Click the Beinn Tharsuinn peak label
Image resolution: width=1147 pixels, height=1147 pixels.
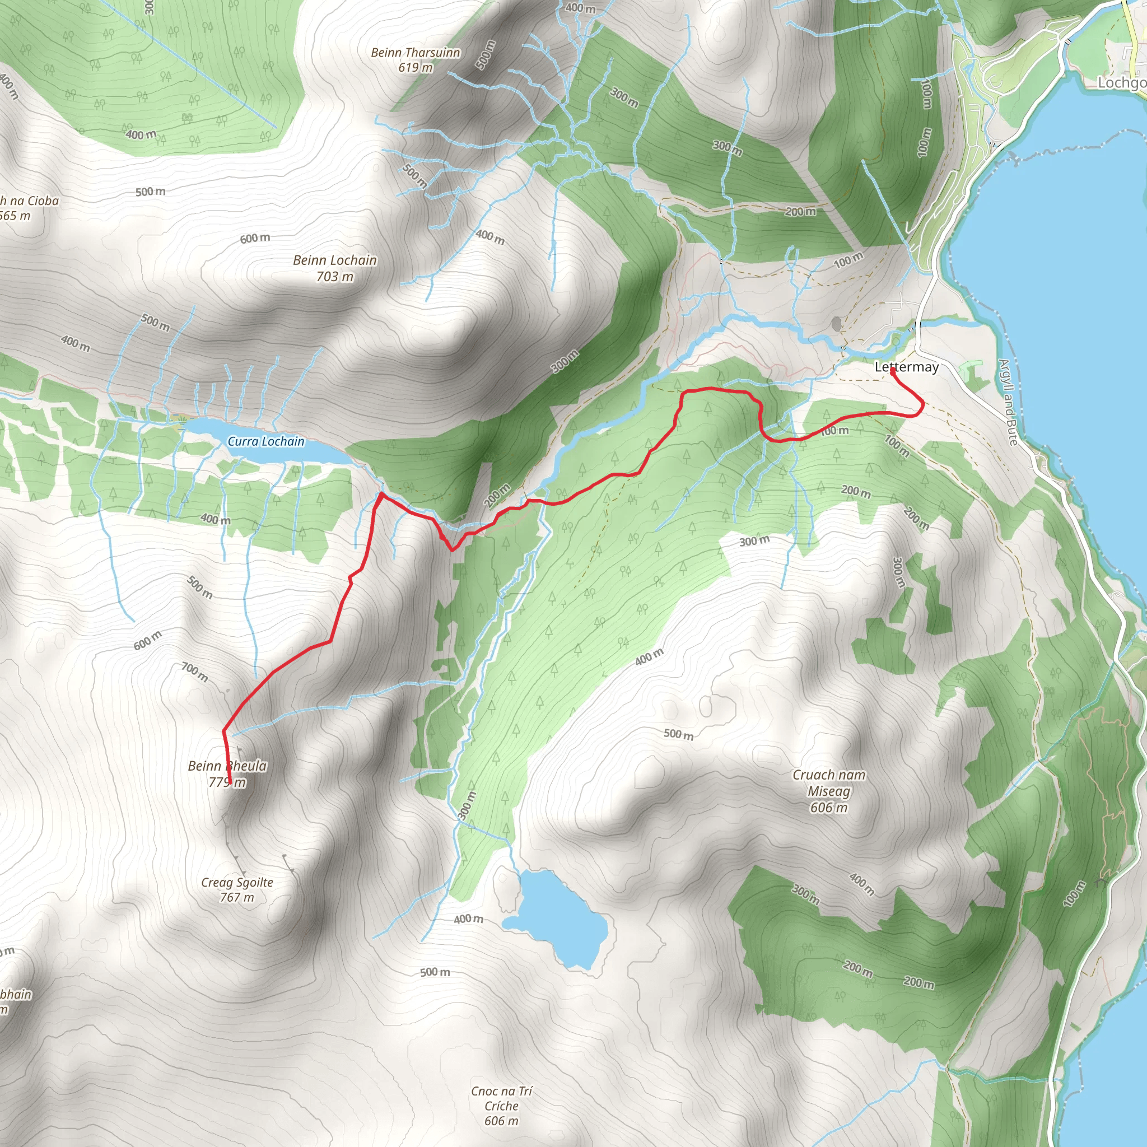coord(415,53)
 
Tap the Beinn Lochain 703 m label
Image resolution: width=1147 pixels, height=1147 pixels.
coord(335,268)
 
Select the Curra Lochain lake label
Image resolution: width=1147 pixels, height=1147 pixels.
coord(266,441)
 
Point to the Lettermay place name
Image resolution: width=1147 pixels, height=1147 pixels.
coord(907,367)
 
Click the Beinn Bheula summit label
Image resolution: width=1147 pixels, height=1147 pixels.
coord(227,766)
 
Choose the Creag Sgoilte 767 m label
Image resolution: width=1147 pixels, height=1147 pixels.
coord(237,890)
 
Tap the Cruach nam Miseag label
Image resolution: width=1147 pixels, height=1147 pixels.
coord(829,783)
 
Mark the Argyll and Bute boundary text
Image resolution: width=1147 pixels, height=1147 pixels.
coord(1008,402)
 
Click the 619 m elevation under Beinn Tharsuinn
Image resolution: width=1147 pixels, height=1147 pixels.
coord(415,68)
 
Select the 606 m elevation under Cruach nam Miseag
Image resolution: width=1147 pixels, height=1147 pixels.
coord(829,808)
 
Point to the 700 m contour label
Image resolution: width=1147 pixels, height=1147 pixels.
coord(194,673)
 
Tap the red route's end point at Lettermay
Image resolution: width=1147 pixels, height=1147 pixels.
coord(893,370)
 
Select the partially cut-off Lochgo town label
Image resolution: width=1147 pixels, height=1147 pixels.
coord(1121,82)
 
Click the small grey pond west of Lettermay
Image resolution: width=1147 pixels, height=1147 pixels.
coord(837,324)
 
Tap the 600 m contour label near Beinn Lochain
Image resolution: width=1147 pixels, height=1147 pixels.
coord(255,238)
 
